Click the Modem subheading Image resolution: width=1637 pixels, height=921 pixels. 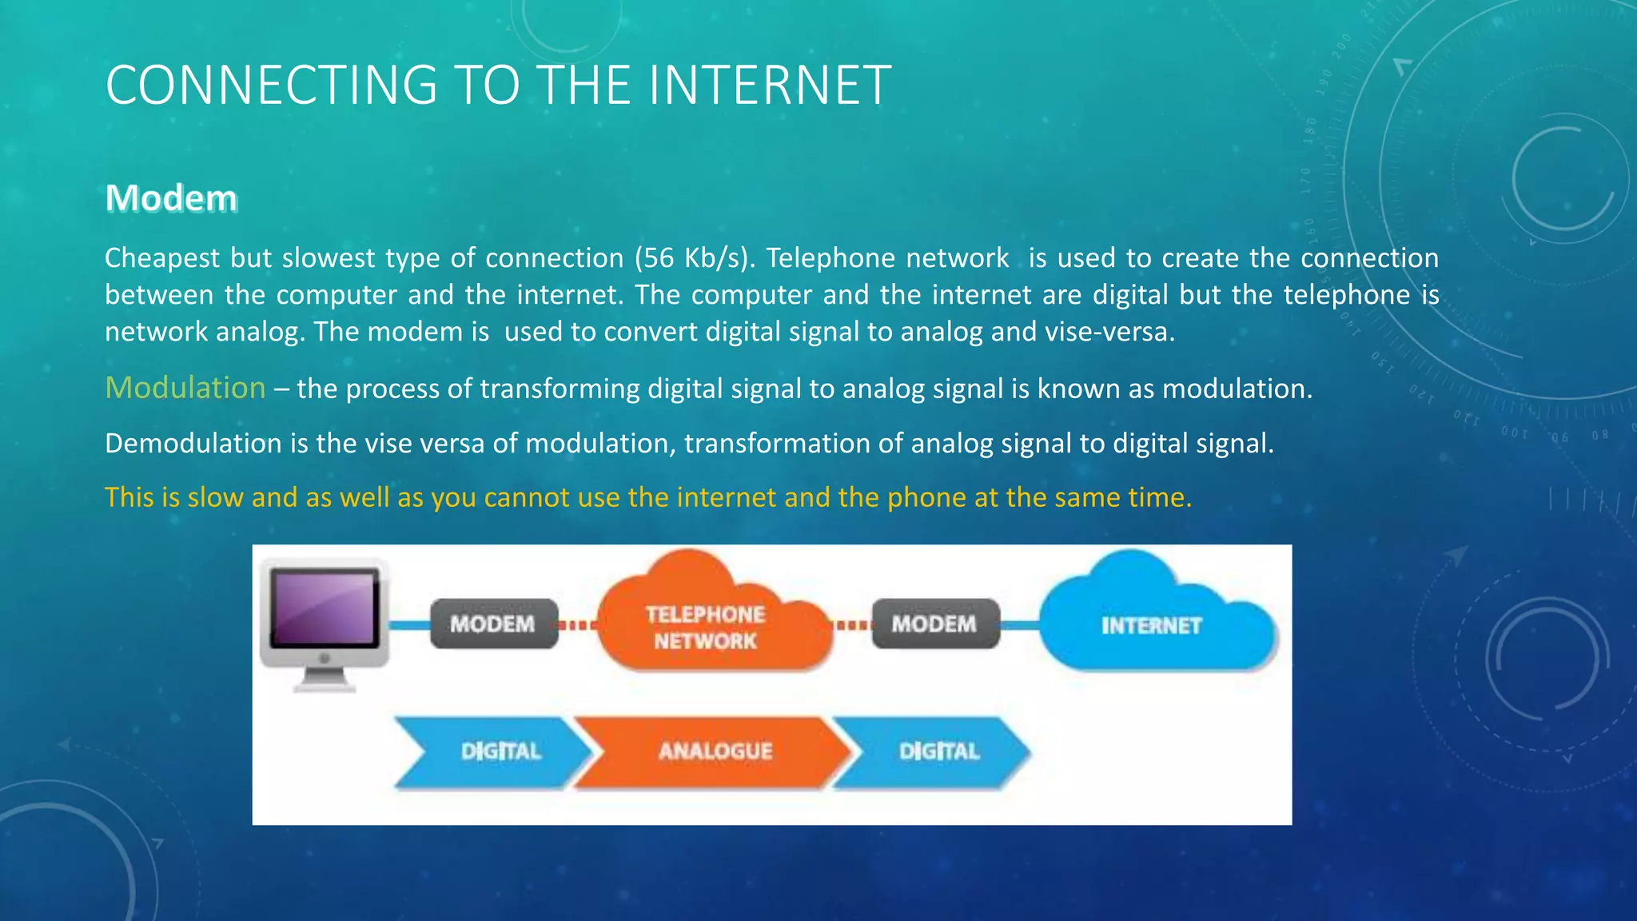[x=171, y=198]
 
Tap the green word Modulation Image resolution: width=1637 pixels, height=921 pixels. [x=185, y=388]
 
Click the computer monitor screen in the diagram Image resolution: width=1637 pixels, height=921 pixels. [x=324, y=608]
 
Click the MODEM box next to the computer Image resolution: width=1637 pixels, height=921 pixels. [x=493, y=624]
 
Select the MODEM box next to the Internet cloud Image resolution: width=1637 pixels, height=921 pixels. [x=934, y=624]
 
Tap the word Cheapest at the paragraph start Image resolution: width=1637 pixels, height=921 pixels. [x=162, y=258]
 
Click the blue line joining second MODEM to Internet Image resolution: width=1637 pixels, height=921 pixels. [x=1020, y=624]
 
